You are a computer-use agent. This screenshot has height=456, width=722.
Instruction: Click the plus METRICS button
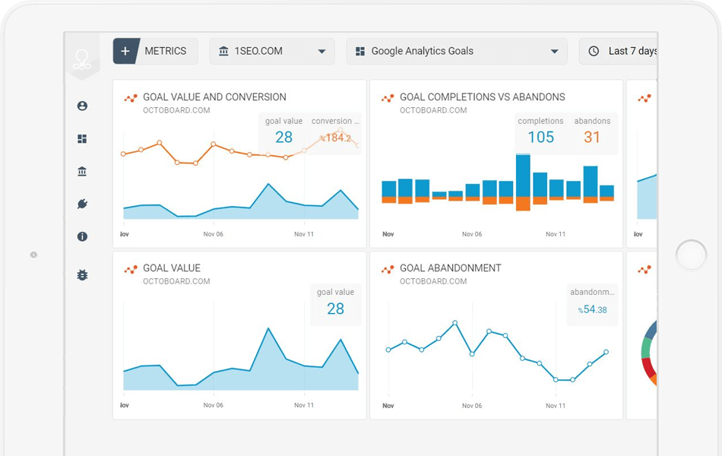tap(155, 51)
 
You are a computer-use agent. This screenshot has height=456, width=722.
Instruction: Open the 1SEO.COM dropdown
tap(271, 51)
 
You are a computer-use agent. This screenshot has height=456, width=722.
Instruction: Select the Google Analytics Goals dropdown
tap(456, 51)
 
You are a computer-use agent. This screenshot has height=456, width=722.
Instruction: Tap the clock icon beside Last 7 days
tap(594, 51)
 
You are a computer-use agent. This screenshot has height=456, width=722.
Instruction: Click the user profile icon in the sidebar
tap(82, 106)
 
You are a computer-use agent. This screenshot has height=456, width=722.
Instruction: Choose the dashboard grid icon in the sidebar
tap(82, 139)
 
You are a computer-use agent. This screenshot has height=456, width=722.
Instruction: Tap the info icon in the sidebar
tap(82, 236)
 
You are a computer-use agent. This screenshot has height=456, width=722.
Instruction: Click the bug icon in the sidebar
tap(82, 275)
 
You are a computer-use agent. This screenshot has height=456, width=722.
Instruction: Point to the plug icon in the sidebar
tap(82, 204)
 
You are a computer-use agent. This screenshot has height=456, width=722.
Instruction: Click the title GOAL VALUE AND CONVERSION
tap(214, 97)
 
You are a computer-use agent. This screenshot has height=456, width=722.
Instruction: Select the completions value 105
tap(540, 137)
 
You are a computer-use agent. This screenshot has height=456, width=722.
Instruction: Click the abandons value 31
tap(592, 137)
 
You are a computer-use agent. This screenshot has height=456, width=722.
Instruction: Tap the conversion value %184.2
tap(335, 138)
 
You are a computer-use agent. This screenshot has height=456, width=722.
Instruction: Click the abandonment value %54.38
tap(592, 309)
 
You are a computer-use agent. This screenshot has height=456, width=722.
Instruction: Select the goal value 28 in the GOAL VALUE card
tap(335, 309)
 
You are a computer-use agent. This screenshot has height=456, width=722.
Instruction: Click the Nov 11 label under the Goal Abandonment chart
tap(556, 406)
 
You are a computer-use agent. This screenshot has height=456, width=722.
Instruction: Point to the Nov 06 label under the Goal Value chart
tap(214, 406)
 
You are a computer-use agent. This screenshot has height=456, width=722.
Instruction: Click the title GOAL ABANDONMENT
tap(450, 268)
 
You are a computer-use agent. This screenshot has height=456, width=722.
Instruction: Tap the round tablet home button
tap(691, 255)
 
